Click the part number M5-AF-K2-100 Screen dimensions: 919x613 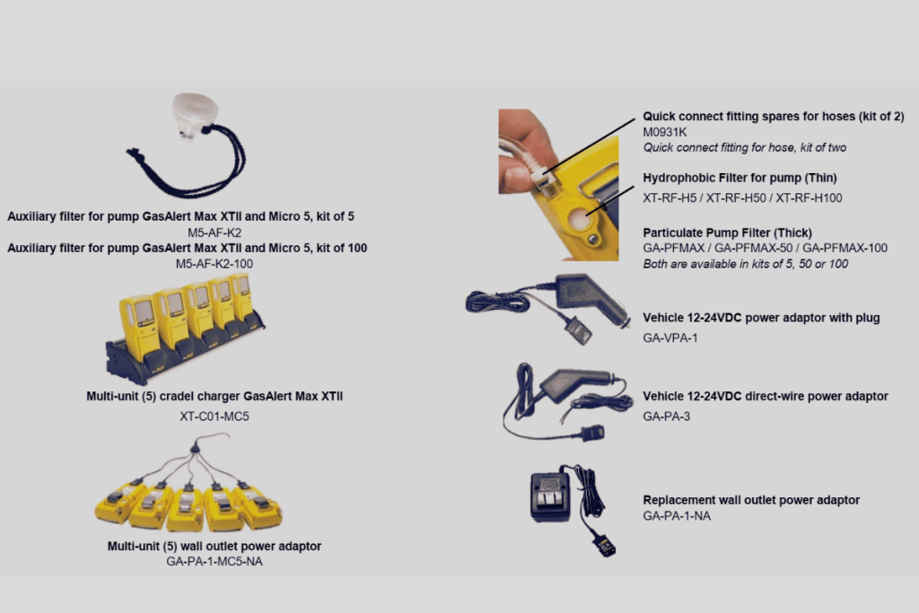tap(214, 264)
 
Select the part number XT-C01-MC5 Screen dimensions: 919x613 tap(214, 416)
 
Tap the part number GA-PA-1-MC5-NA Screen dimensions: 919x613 tap(214, 562)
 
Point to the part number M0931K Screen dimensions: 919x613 tap(665, 132)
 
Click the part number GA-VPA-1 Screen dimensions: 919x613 tap(670, 337)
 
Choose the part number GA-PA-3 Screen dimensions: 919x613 tap(667, 416)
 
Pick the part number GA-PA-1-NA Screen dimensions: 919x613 tap(677, 516)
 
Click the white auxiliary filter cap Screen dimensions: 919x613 tap(195, 116)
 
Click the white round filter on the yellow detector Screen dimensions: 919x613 tap(579, 221)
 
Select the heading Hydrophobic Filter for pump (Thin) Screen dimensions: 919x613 tap(740, 178)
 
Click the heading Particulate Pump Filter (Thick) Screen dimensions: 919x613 tap(727, 232)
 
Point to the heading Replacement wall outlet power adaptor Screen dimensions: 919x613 tap(751, 500)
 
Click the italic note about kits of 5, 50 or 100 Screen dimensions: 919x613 tap(746, 264)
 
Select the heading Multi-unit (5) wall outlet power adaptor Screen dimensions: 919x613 tap(214, 547)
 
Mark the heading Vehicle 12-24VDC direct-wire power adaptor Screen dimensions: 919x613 tap(766, 396)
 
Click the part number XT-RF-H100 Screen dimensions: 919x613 tap(809, 198)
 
